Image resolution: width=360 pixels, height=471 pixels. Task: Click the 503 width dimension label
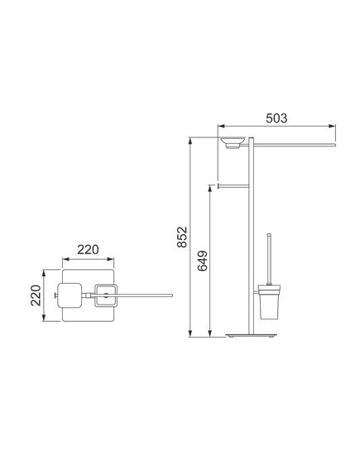[x=276, y=118]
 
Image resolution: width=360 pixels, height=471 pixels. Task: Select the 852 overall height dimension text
[x=182, y=237]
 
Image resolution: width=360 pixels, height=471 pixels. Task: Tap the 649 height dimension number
[x=203, y=261]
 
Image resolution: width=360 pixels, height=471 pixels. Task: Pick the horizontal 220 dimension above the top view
[x=88, y=250]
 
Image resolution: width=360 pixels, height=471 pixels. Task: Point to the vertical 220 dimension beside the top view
[x=36, y=296]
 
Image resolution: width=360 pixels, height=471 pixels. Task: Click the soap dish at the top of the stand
[x=233, y=142]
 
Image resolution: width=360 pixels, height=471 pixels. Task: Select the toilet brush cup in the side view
[x=269, y=302]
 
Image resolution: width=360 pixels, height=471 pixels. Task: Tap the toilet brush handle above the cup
[x=269, y=259]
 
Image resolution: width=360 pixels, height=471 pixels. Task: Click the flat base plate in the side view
[x=252, y=335]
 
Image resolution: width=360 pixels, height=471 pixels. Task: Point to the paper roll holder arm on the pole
[x=233, y=186]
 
